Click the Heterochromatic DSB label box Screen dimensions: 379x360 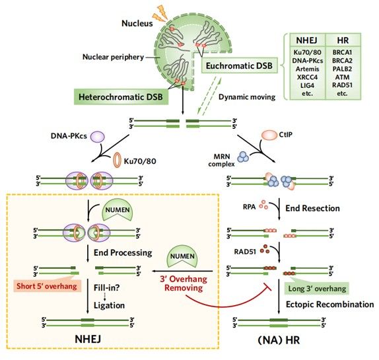pos(121,97)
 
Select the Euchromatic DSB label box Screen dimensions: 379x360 pos(239,65)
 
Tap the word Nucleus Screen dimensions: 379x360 pos(137,23)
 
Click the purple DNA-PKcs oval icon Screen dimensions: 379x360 pos(98,137)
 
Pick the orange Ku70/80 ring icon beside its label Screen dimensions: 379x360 pos(118,160)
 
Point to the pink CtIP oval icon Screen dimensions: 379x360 pos(269,135)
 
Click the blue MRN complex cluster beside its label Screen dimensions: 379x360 pos(243,157)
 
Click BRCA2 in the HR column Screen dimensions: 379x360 pos(342,61)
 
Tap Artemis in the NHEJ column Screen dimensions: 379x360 pos(307,69)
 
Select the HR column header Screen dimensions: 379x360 pos(343,40)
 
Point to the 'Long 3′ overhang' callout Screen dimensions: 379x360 pos(317,287)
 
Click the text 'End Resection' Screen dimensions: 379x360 pos(312,208)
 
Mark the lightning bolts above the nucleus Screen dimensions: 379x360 pos(160,14)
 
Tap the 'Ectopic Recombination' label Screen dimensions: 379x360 pos(329,304)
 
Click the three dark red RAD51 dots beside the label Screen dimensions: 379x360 pos(265,249)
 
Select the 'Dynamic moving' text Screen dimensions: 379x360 pos(247,97)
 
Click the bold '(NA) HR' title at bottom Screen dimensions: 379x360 pos(279,340)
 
